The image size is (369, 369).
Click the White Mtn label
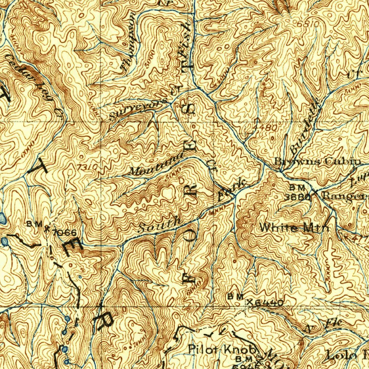[294, 228]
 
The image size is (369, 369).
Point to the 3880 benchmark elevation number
[297, 197]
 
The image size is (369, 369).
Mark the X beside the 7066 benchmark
[46, 228]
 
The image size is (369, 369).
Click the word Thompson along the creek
[128, 41]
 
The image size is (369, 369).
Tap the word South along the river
[159, 224]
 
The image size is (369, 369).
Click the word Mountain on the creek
[157, 165]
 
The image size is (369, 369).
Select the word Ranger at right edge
[344, 196]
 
